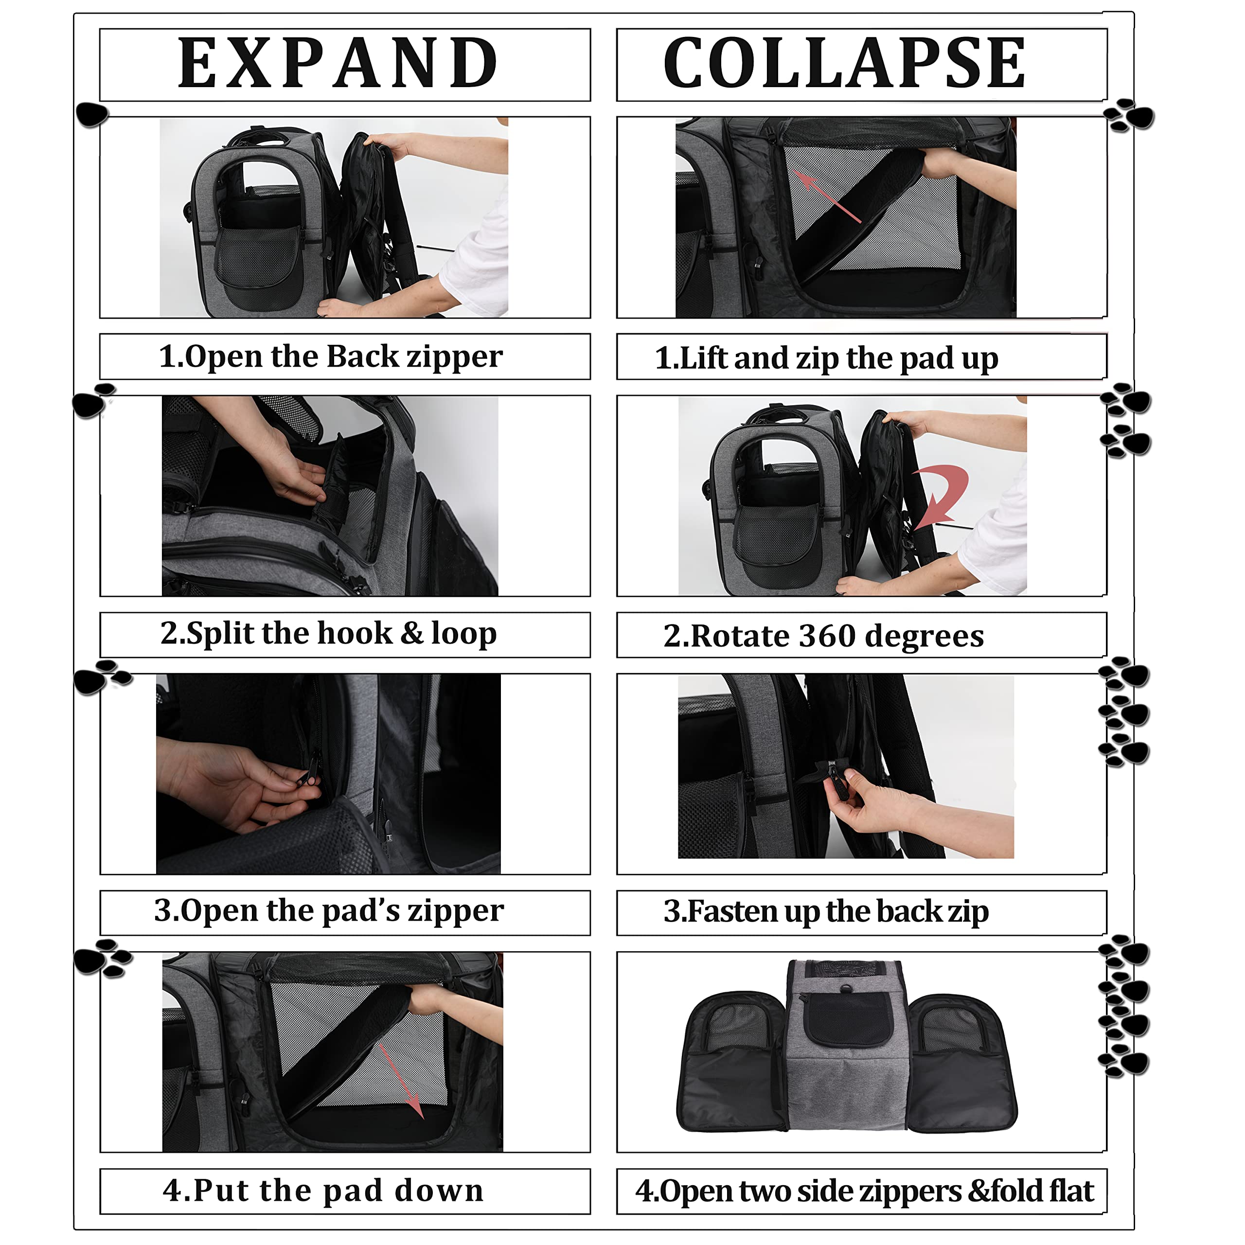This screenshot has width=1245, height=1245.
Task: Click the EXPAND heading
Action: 338,63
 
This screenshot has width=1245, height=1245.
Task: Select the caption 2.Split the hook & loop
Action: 329,634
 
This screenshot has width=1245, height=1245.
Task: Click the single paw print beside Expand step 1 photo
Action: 91,115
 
